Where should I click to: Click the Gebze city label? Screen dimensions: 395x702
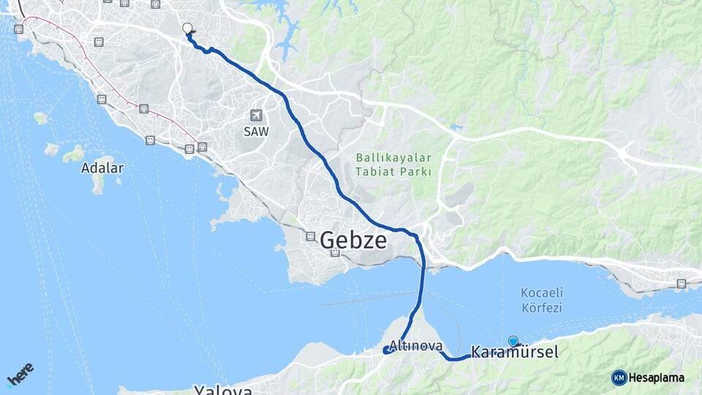(353, 239)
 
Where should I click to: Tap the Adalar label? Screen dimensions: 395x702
(102, 168)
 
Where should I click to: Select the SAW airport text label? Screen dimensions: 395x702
(256, 132)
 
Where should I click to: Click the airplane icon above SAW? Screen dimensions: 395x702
(256, 115)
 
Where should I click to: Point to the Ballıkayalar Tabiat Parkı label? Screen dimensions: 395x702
(394, 165)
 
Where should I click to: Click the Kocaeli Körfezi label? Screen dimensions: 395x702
(542, 300)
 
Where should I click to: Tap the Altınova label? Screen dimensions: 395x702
(416, 345)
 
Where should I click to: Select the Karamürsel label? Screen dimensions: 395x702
(515, 353)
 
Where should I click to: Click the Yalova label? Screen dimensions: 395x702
(223, 390)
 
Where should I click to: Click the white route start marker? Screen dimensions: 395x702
(187, 29)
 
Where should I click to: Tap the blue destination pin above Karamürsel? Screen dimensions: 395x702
(513, 341)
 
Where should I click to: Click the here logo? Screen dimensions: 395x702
(20, 373)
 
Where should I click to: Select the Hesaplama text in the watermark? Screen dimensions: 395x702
(657, 377)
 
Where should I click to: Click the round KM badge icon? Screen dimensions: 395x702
(619, 377)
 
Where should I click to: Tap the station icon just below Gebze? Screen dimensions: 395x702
(335, 253)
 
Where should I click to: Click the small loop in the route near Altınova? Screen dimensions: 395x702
(386, 350)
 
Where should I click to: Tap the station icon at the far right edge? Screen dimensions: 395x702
(682, 283)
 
